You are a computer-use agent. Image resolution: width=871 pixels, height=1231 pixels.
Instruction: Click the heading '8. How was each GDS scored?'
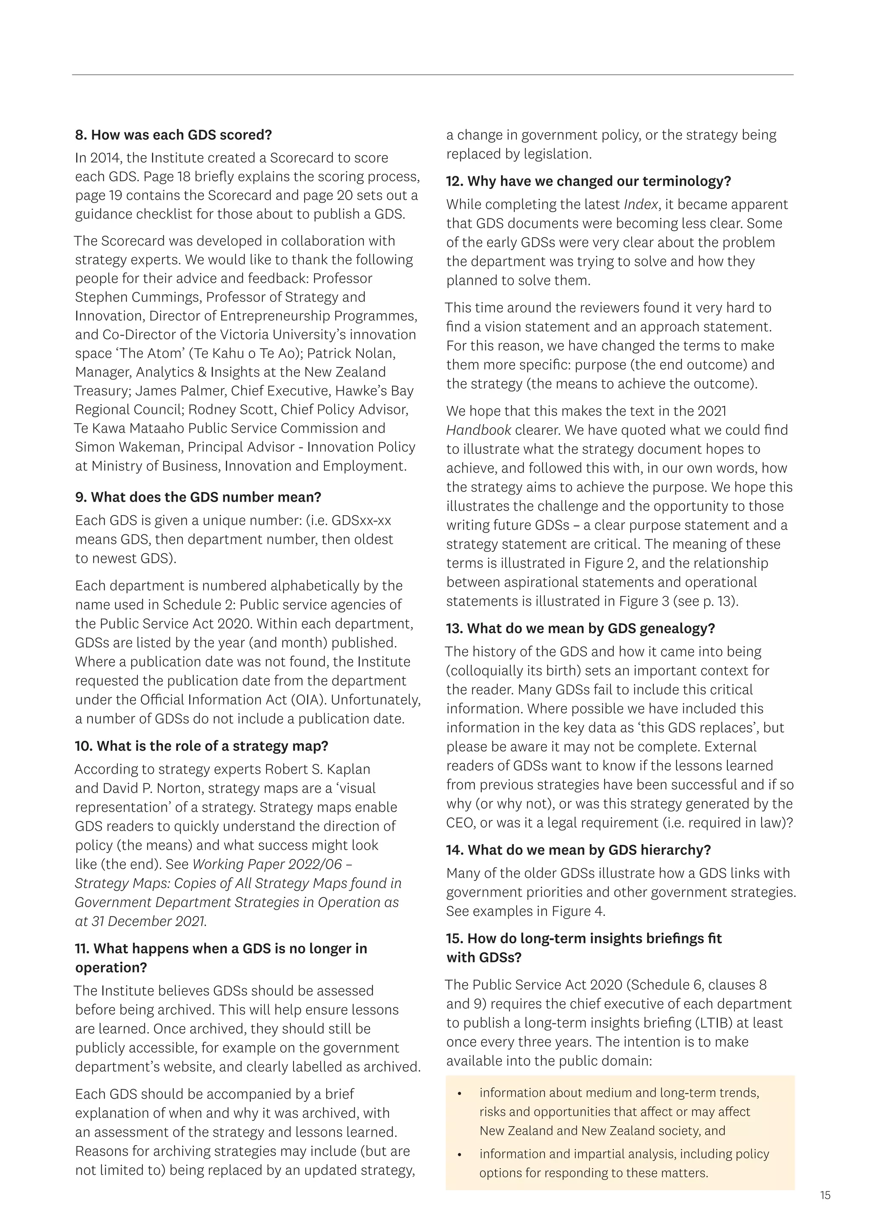174,135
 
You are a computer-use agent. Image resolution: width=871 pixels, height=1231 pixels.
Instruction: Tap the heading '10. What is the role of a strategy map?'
202,746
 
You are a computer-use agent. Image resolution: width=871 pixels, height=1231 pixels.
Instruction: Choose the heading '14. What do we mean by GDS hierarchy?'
578,850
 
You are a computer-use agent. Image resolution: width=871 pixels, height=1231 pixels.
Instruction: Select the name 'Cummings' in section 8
167,297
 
